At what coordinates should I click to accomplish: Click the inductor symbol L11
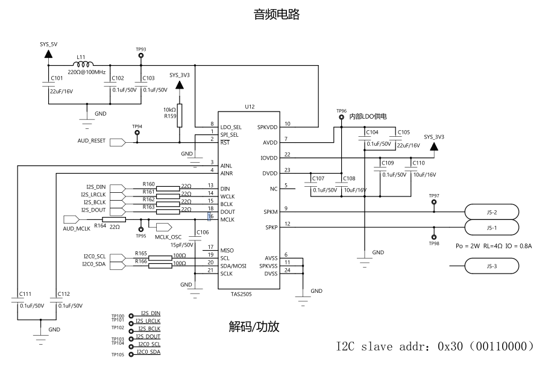click(83, 64)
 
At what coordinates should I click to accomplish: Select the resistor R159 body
click(179, 116)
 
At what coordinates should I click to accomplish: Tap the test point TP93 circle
click(141, 55)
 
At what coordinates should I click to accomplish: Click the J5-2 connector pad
click(492, 212)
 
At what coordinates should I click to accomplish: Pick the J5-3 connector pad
click(492, 266)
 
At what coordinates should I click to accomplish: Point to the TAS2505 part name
click(241, 294)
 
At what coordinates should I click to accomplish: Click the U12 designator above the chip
click(250, 107)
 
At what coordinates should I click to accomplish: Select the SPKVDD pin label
click(267, 127)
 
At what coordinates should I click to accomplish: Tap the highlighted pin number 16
click(210, 216)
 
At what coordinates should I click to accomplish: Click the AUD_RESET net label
click(92, 141)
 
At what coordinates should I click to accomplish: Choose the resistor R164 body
click(114, 219)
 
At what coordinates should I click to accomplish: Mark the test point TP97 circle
click(434, 202)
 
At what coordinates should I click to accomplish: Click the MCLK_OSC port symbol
click(164, 227)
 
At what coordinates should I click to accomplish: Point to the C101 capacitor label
click(57, 78)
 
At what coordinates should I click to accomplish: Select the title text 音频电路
click(277, 14)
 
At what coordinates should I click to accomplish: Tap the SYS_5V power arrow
click(49, 54)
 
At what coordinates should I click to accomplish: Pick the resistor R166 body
click(160, 266)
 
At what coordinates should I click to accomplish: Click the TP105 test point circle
click(131, 354)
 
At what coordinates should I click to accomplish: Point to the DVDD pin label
click(270, 174)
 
